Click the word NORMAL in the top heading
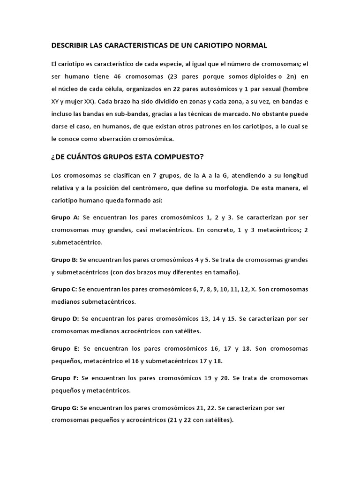249,45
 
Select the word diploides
251,76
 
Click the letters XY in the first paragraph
57,102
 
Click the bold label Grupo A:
65,217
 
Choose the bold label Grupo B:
65,260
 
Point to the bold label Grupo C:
64,289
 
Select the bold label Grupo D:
65,319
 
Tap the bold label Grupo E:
65,349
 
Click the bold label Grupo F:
65,378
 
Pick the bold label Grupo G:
65,408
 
